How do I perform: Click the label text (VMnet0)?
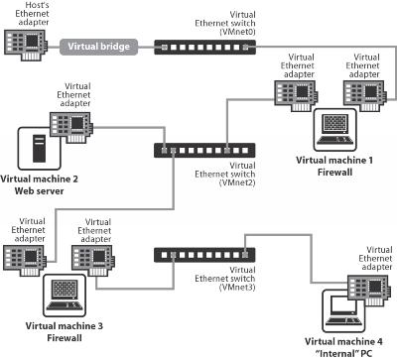point(237,32)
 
